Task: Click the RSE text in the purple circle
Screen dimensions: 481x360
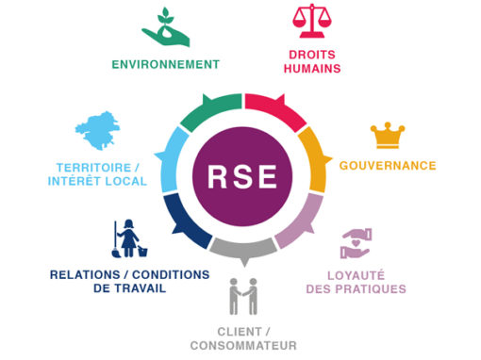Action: [x=242, y=176]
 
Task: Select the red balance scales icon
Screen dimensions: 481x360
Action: [x=312, y=21]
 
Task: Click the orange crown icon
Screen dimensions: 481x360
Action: [x=388, y=136]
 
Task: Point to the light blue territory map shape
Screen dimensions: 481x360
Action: [x=97, y=130]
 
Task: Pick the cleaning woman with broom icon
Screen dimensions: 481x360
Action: [x=129, y=238]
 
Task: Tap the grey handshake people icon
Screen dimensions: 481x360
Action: [x=243, y=296]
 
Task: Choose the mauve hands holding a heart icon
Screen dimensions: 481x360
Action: [x=357, y=244]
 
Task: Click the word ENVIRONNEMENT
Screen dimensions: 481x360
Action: [x=166, y=64]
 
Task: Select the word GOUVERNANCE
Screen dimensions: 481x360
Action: [x=388, y=166]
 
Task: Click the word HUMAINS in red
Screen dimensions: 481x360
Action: [x=312, y=69]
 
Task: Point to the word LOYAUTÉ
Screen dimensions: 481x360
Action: [x=356, y=275]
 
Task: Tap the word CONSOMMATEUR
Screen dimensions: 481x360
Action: [x=243, y=346]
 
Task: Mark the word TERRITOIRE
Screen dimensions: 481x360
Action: [x=93, y=168]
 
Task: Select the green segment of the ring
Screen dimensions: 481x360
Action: [x=210, y=112]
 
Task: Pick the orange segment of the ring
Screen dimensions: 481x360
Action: [x=315, y=158]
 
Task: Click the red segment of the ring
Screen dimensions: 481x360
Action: [x=274, y=110]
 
